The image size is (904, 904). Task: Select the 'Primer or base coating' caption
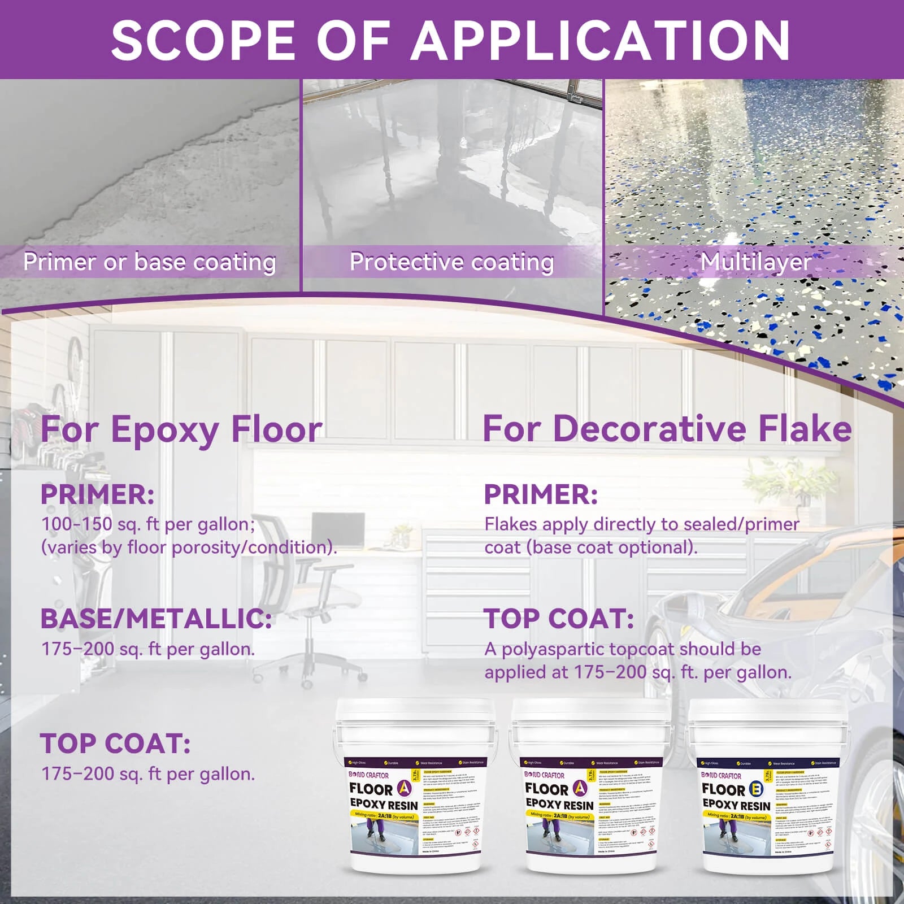[150, 262]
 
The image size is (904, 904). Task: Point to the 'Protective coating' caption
[451, 262]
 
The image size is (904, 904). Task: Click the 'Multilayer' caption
[756, 262]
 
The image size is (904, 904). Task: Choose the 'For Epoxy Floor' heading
[181, 429]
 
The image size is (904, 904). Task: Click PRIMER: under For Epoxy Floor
[97, 495]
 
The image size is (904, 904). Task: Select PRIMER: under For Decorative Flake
[541, 495]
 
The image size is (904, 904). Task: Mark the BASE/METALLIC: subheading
[156, 619]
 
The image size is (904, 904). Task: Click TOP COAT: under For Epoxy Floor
[115, 744]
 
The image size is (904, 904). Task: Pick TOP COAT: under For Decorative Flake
[559, 619]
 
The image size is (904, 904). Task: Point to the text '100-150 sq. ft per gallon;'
[148, 524]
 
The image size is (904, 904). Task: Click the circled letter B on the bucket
[756, 789]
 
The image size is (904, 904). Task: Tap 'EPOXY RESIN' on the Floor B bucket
[736, 805]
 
